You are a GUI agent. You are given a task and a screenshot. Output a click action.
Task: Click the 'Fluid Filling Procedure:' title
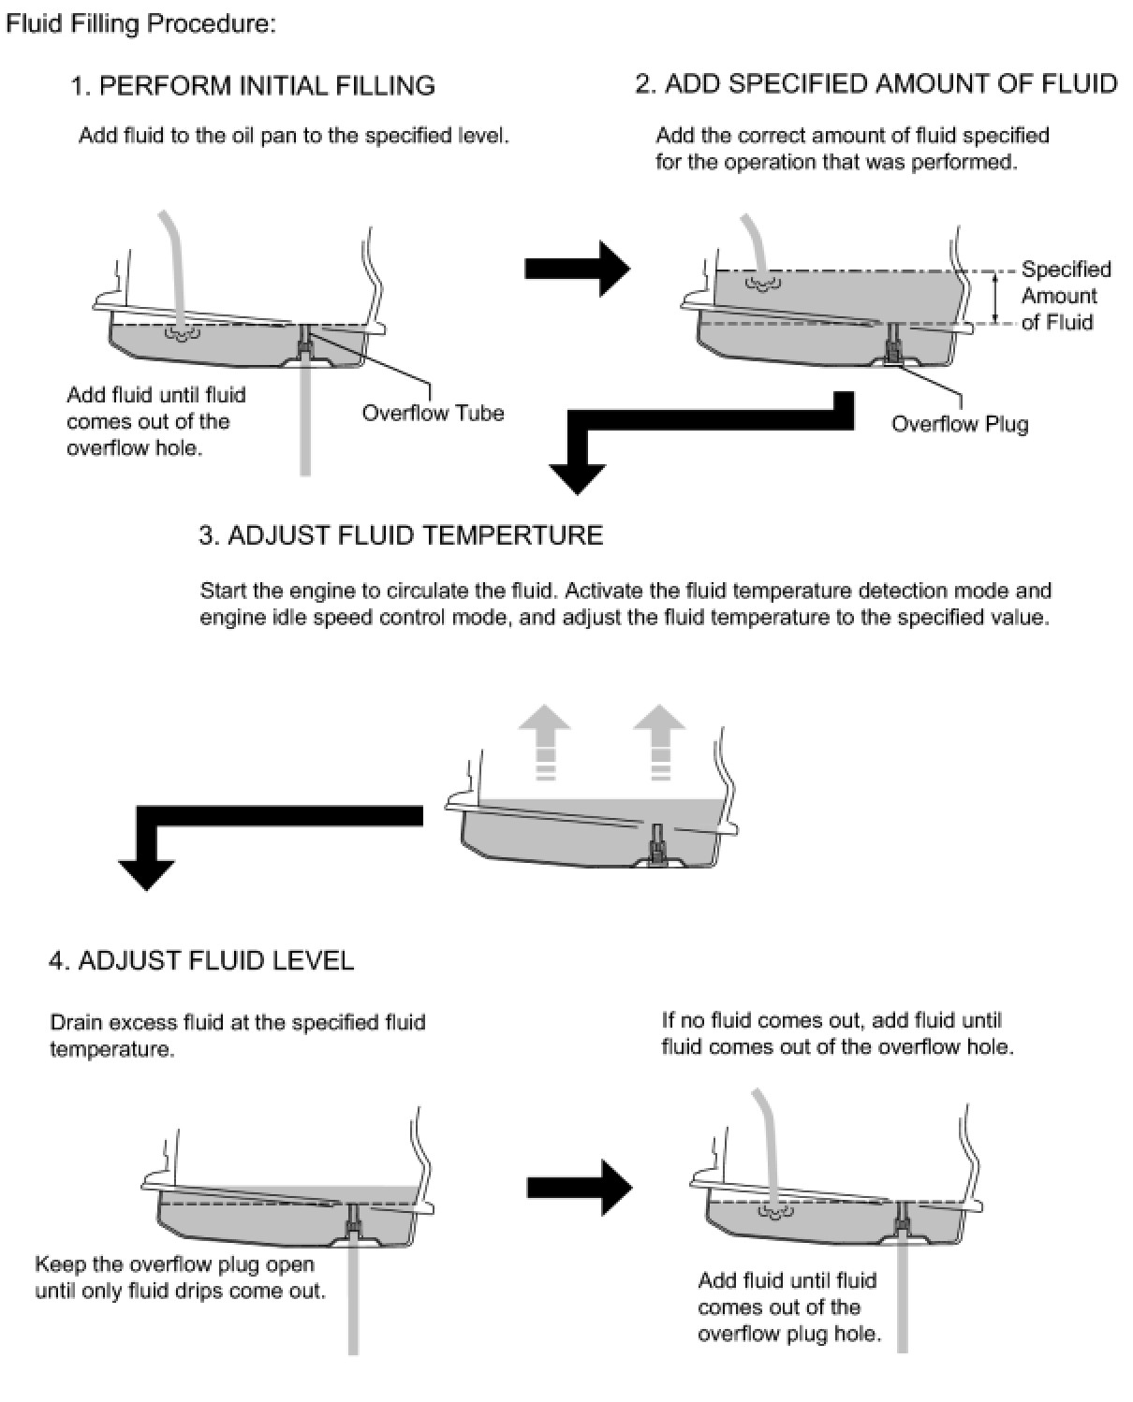(140, 24)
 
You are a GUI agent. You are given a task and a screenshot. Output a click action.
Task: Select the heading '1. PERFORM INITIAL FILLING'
(253, 86)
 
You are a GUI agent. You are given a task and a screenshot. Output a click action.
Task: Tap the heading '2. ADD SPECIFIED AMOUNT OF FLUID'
(875, 84)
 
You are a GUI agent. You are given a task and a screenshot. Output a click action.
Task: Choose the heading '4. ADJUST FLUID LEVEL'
(201, 960)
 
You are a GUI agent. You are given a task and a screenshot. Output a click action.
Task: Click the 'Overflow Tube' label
(433, 413)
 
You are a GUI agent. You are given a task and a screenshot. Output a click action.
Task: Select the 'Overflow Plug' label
(959, 424)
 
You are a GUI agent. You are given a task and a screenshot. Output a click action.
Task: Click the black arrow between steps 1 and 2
(577, 270)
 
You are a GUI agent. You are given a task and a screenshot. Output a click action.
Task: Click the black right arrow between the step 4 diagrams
(580, 1188)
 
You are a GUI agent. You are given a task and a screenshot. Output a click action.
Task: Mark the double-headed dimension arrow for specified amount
(996, 298)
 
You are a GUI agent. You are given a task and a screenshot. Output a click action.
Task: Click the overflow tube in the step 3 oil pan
(659, 840)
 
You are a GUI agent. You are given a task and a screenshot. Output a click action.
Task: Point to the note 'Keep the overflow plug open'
(174, 1264)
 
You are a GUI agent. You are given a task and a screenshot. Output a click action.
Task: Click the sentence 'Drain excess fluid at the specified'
(237, 1022)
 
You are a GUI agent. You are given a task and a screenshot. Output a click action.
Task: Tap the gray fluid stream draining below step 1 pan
(304, 421)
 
